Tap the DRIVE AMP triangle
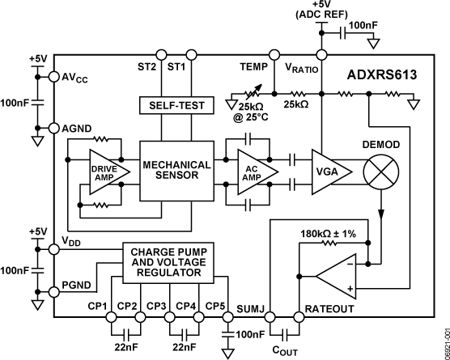101,171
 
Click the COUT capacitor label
287,349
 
